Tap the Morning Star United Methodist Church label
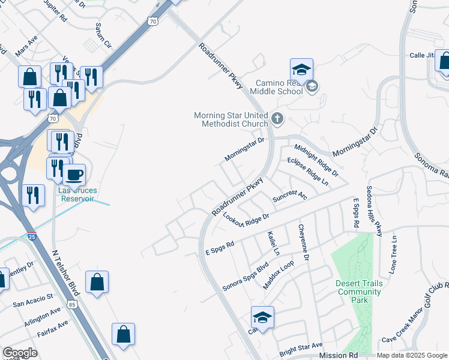click(231, 119)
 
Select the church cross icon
click(277, 118)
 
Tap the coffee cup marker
click(74, 175)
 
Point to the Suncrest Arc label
click(289, 196)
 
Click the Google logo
click(19, 353)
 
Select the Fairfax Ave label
click(52, 329)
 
